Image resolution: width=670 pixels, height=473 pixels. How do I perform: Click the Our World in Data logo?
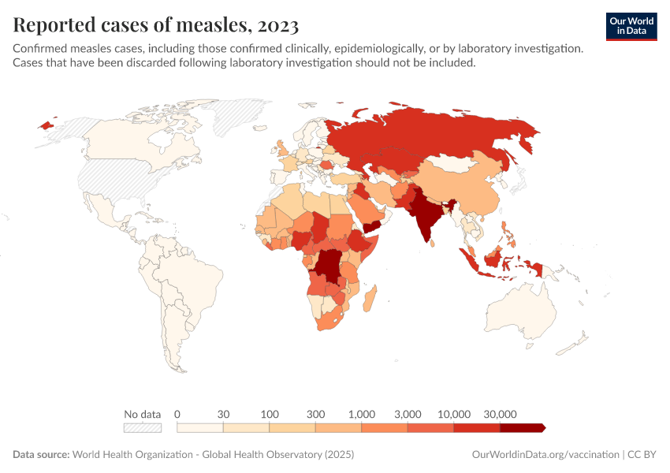[631, 26]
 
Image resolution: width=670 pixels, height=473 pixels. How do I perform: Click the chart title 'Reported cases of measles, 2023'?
[156, 25]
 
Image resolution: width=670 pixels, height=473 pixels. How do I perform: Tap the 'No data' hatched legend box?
[143, 427]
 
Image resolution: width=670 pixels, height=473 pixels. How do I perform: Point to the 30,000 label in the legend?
[500, 414]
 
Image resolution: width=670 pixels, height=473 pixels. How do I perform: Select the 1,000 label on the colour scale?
[362, 414]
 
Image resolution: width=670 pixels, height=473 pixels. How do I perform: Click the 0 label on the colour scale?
[177, 414]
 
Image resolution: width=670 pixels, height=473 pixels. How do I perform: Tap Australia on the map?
[520, 311]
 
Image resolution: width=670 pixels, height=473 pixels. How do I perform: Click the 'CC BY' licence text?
[643, 455]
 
